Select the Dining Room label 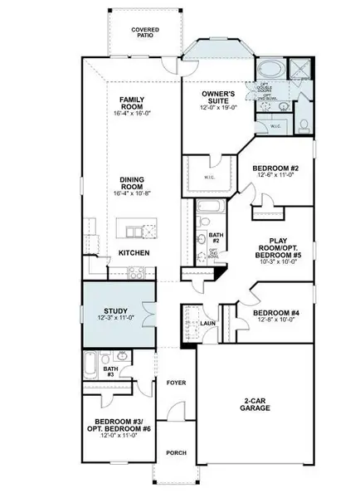click(x=133, y=183)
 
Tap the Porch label click(x=176, y=452)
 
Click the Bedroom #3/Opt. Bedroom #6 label click(x=116, y=427)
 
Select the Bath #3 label click(x=109, y=372)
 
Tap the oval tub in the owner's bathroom click(x=270, y=69)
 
